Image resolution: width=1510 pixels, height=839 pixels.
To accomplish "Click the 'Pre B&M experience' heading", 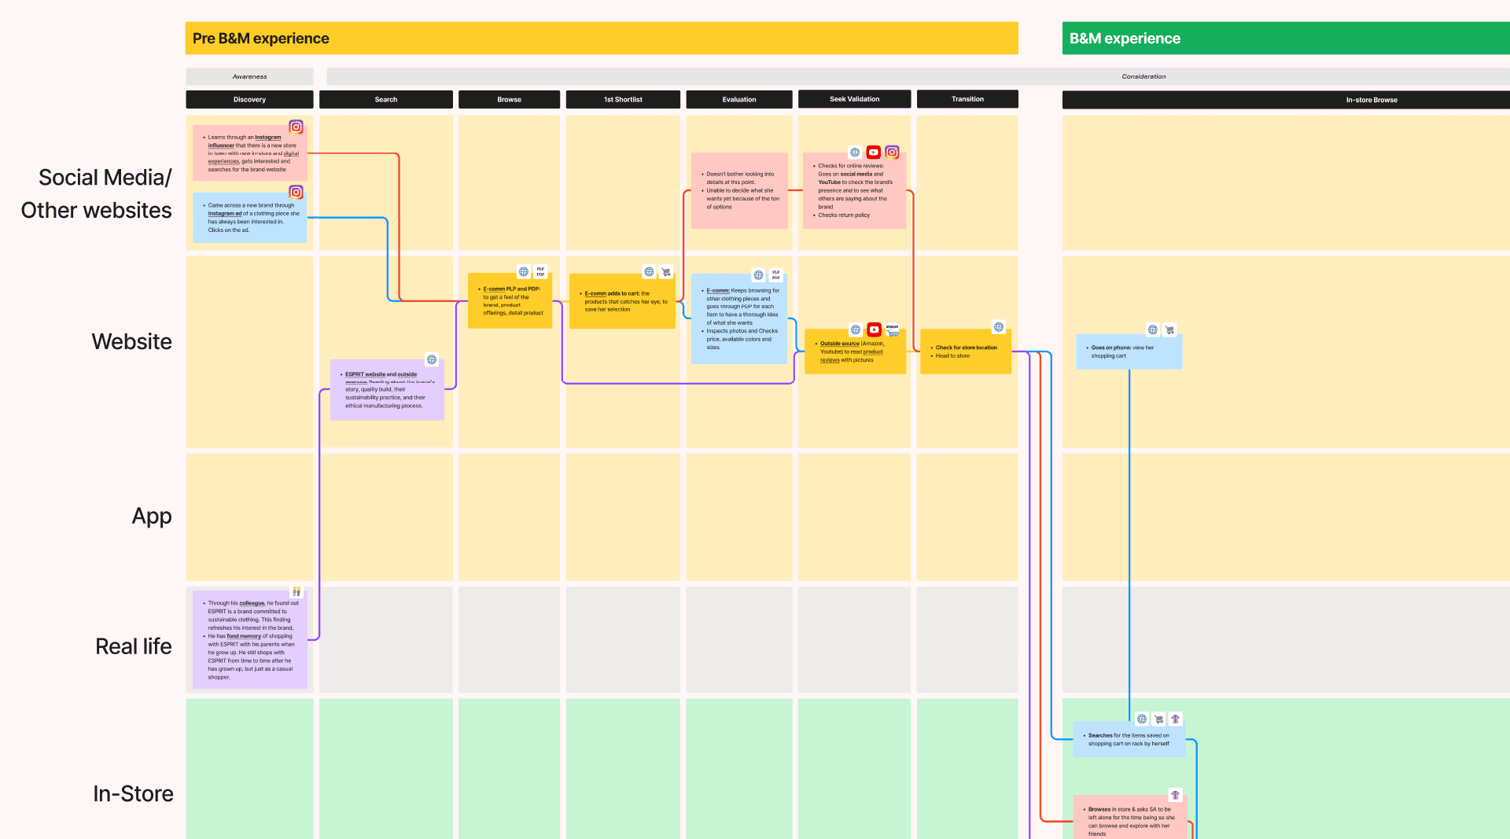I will (x=261, y=39).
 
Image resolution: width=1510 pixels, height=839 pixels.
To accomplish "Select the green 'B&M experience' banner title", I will (x=1125, y=39).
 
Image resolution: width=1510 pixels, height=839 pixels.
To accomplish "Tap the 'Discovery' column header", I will (x=249, y=100).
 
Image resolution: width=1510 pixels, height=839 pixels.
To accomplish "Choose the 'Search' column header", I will (x=386, y=100).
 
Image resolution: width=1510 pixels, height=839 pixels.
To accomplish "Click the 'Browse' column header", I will (x=510, y=100).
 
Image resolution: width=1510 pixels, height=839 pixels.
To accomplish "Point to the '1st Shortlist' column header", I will (x=623, y=100).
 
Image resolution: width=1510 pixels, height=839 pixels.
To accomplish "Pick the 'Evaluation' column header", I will (x=739, y=100).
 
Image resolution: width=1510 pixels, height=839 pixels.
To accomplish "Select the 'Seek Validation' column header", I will (x=855, y=99).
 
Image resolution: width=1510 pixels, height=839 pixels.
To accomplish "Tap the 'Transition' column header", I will (x=967, y=99).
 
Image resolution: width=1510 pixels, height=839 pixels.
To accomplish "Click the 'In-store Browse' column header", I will (x=1372, y=100).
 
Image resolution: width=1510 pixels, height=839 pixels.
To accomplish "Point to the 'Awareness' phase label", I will (x=249, y=77).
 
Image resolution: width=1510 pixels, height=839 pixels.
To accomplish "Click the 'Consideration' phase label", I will (x=1144, y=77).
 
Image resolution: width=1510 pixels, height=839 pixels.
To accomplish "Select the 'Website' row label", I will (x=131, y=341).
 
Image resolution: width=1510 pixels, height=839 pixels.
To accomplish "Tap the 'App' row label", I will (x=152, y=516).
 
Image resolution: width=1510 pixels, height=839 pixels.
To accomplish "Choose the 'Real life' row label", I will (x=134, y=646).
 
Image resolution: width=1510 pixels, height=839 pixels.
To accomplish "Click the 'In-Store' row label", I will (x=133, y=793).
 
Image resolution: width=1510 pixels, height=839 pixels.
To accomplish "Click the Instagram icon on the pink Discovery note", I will (x=296, y=127).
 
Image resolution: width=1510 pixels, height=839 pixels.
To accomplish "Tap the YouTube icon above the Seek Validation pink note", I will (x=873, y=153).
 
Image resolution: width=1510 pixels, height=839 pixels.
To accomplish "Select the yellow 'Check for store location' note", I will (x=966, y=351).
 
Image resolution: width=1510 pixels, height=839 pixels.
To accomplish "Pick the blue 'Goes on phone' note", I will (x=1129, y=351).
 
